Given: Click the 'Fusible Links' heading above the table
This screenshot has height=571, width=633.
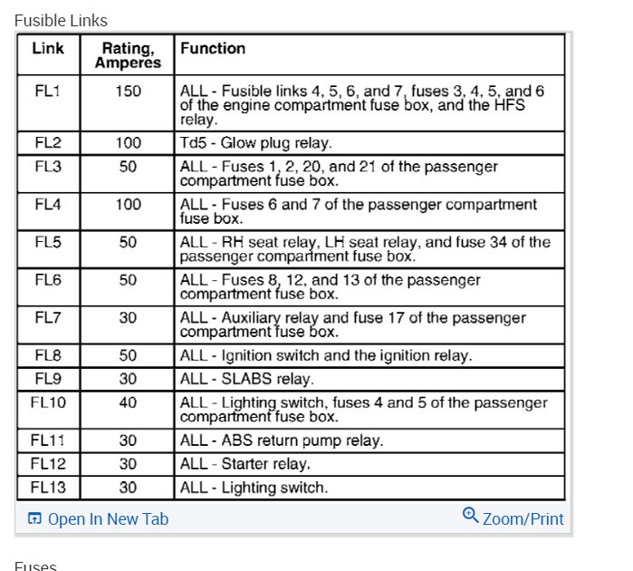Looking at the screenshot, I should (61, 20).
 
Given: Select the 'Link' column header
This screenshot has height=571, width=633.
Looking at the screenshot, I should (48, 48).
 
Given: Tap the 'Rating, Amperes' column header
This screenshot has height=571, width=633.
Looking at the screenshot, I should (128, 55).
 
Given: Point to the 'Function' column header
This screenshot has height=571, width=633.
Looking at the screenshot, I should (213, 48).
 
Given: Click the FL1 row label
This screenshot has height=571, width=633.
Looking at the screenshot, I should (48, 92).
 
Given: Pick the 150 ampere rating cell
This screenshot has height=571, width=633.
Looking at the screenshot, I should (128, 92).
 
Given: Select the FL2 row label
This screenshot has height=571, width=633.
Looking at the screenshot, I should (48, 143).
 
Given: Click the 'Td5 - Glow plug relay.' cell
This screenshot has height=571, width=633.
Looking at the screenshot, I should (256, 143).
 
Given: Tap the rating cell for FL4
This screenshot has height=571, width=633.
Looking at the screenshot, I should (128, 205).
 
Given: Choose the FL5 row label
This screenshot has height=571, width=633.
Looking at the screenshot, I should (48, 243).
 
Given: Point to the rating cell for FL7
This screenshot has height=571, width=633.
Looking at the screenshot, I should (128, 318).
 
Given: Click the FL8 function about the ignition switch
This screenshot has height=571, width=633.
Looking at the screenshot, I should (326, 355).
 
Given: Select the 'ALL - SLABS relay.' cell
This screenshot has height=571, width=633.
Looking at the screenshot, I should (247, 379).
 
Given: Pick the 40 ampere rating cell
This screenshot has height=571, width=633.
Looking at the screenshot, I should (128, 402).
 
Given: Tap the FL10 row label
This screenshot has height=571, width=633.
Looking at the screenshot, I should (48, 402).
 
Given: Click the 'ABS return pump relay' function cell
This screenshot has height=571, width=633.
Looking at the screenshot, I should (282, 440).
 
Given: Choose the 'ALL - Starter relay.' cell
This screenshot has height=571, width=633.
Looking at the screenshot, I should (245, 464).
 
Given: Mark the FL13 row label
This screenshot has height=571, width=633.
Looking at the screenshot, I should (48, 488).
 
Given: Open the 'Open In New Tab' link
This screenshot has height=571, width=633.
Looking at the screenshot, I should (98, 519).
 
